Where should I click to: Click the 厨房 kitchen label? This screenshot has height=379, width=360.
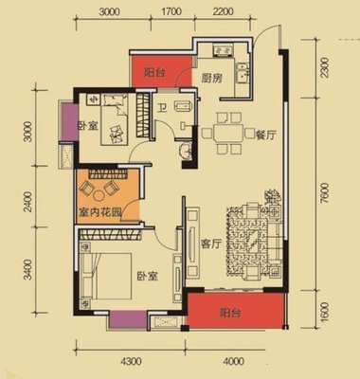pyautogui.click(x=211, y=78)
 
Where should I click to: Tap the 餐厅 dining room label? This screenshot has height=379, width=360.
pyautogui.click(x=266, y=135)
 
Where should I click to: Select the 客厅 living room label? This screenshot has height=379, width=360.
pyautogui.click(x=210, y=244)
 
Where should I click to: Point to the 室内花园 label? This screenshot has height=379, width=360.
pyautogui.click(x=99, y=212)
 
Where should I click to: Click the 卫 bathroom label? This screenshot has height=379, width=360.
pyautogui.click(x=162, y=109)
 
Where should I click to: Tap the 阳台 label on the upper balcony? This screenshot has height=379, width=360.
pyautogui.click(x=154, y=73)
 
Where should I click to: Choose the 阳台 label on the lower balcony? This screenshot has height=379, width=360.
pyautogui.click(x=230, y=313)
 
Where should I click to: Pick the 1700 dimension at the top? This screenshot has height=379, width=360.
pyautogui.click(x=171, y=11)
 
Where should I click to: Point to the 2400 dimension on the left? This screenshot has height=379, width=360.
pyautogui.click(x=28, y=202)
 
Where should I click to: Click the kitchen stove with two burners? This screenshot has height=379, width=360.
pyautogui.click(x=224, y=50)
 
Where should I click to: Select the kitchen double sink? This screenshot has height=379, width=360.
pyautogui.click(x=243, y=73)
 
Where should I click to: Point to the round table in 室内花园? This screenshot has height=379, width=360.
pyautogui.click(x=99, y=195)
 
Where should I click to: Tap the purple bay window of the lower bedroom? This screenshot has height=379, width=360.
pyautogui.click(x=128, y=320)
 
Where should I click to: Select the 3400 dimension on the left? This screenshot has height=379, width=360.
pyautogui.click(x=28, y=269)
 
